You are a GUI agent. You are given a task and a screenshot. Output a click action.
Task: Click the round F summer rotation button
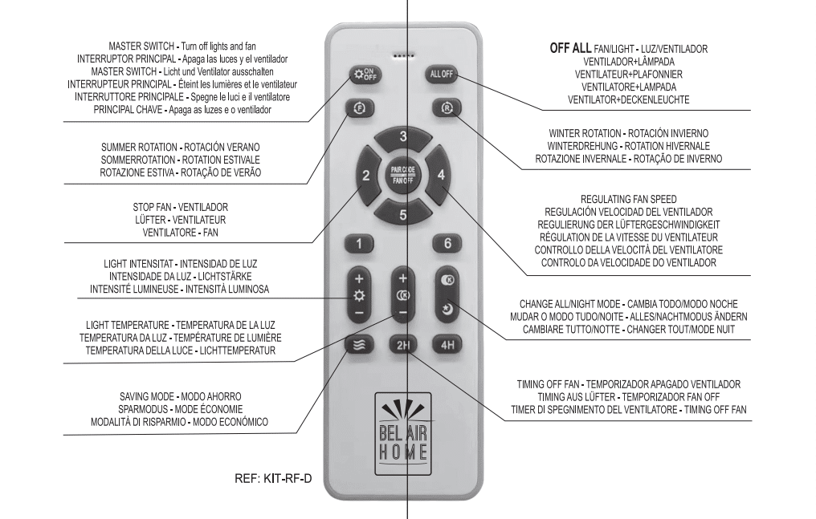[x=361, y=108]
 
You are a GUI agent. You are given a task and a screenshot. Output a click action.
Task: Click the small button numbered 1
[x=360, y=243]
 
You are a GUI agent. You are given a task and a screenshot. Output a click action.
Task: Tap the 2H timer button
[x=402, y=347]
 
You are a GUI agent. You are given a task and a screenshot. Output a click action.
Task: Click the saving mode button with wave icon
[x=359, y=347]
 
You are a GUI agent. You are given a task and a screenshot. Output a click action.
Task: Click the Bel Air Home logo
[x=402, y=426]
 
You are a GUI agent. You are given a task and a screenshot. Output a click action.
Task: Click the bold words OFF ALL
[x=570, y=49]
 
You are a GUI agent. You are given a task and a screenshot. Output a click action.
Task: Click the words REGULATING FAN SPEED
[x=627, y=198]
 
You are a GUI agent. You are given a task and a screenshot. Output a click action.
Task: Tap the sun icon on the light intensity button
[x=359, y=294]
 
